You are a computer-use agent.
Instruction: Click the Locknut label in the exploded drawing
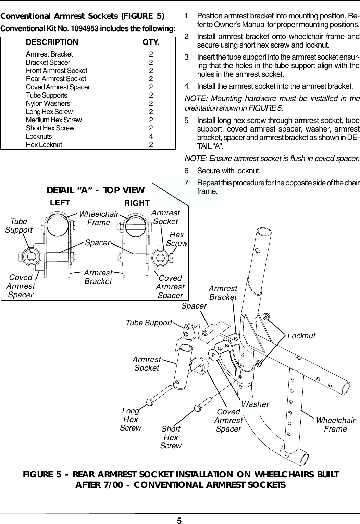coord(301,336)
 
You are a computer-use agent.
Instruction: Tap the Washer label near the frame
coord(255,404)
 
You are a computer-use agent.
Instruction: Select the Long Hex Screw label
coord(131,419)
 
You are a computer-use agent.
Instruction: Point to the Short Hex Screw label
coord(171,437)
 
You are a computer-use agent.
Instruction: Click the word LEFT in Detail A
coord(60,202)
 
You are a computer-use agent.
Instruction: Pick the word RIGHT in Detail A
coord(137,203)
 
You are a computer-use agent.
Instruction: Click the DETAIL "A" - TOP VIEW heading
coord(96,190)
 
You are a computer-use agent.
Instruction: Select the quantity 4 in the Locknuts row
coord(151,136)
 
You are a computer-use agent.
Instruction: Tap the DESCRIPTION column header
coord(52,42)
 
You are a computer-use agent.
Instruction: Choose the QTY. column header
coord(151,42)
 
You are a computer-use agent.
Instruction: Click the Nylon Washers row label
coord(48,103)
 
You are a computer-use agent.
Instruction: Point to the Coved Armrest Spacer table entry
coord(58,87)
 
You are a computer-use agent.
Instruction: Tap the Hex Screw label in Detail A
coord(177,239)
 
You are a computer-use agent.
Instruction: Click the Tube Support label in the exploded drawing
coord(149,323)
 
